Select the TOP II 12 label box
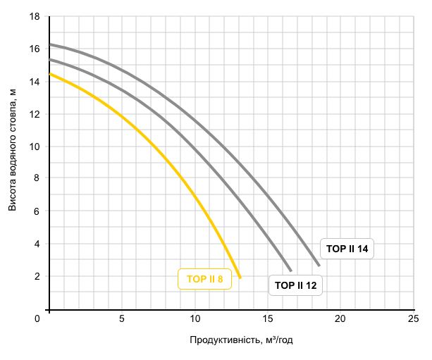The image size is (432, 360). (x=296, y=285)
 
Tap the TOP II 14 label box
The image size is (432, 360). (x=348, y=249)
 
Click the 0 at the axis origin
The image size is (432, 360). (x=38, y=319)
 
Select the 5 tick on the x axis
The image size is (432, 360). (x=122, y=319)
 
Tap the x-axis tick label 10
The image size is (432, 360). (x=195, y=319)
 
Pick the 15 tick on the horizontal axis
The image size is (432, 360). (x=268, y=319)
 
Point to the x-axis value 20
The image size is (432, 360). (x=340, y=319)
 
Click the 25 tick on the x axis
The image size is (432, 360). (x=413, y=319)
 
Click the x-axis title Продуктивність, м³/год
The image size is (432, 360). (x=241, y=340)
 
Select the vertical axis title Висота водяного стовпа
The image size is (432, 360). (x=13, y=149)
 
